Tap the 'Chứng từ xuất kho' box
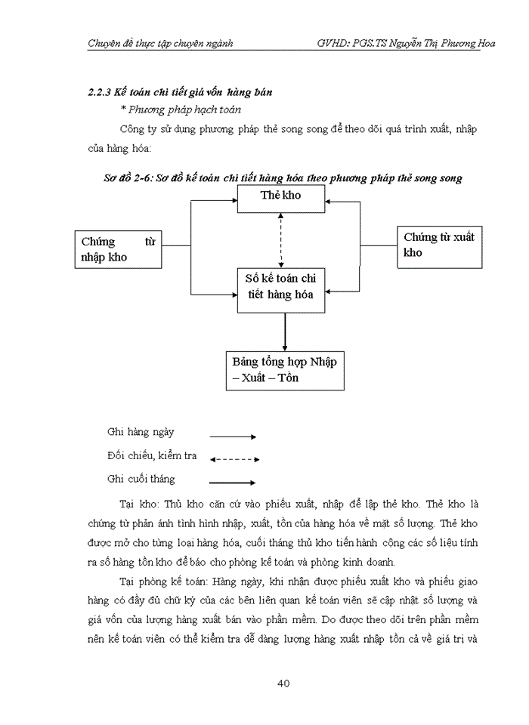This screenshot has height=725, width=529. [x=439, y=245]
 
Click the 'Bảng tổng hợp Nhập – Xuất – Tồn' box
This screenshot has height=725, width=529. [x=285, y=369]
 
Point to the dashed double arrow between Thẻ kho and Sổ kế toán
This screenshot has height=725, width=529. [x=282, y=239]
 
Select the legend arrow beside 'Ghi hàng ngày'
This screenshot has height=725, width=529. [x=233, y=437]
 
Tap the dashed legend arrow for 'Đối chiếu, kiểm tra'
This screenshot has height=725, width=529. [x=234, y=458]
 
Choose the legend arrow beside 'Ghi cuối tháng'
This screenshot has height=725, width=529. [x=233, y=482]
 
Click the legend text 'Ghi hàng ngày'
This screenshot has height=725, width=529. [x=141, y=432]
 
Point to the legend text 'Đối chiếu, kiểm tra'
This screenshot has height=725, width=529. [x=152, y=455]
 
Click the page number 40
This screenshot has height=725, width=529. [x=283, y=683]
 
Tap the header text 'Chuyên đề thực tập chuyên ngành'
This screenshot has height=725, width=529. [x=160, y=43]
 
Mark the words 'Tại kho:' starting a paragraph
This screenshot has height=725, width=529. [x=139, y=504]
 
